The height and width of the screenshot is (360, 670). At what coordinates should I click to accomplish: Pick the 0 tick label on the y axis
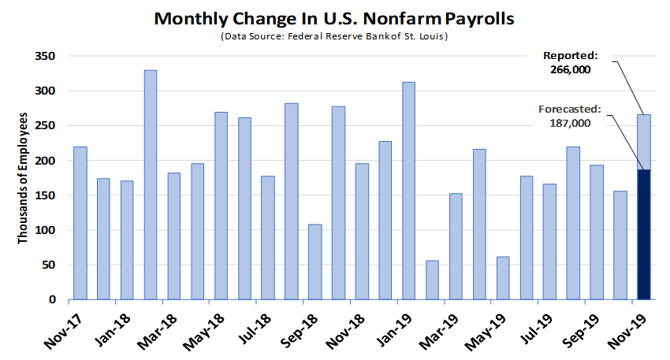tap(54, 299)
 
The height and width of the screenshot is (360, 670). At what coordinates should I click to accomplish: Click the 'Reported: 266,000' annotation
tap(571, 62)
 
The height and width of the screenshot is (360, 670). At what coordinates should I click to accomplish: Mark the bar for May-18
tap(221, 206)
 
